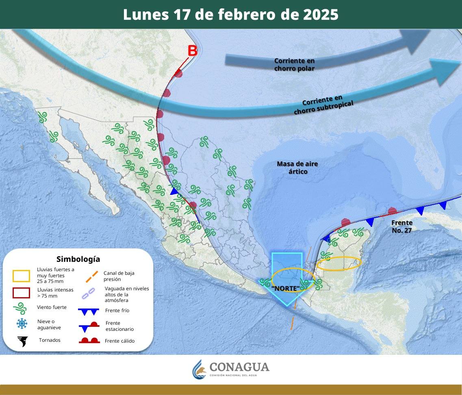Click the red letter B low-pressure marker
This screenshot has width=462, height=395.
click(192, 51)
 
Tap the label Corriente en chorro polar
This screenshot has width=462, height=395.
click(294, 65)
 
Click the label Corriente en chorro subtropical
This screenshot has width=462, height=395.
click(323, 105)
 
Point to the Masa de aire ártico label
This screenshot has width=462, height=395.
click(297, 168)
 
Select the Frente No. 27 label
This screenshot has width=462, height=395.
click(402, 227)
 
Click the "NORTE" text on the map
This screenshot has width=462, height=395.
click(285, 288)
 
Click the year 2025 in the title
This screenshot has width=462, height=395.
click(320, 15)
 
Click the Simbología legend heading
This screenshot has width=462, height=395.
click(78, 259)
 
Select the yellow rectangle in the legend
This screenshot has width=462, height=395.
click(21, 276)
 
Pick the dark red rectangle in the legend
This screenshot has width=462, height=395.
click(21, 293)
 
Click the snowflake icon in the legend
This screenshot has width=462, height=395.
click(22, 324)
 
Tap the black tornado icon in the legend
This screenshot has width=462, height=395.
click(22, 341)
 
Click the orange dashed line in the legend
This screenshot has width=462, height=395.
click(92, 276)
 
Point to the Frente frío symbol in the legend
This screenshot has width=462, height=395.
click(89, 311)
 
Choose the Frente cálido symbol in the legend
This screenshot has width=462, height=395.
click(89, 341)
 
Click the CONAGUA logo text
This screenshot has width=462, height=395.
click(239, 367)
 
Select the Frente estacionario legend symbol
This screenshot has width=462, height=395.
click(89, 326)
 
